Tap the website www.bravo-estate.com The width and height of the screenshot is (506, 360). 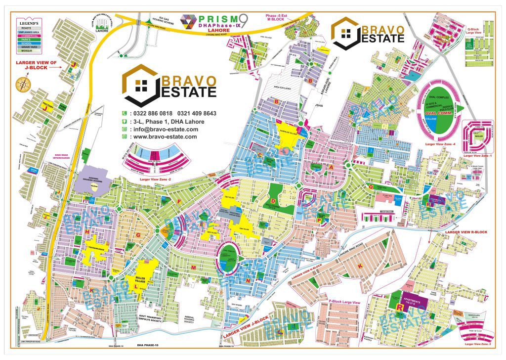click(165, 137)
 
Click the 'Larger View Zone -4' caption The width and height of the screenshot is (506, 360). click(436, 143)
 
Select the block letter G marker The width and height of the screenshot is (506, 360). click(138, 234)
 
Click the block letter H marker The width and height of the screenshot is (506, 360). click(87, 231)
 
